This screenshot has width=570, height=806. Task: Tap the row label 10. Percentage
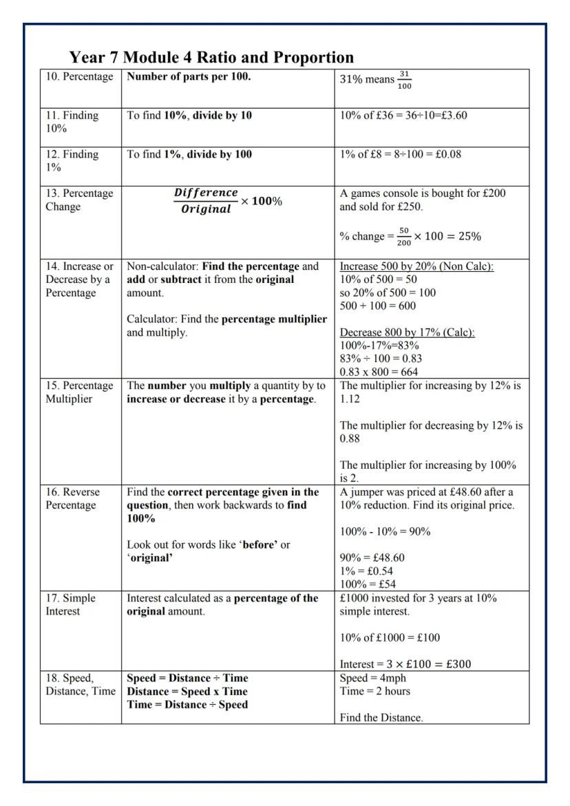[79, 76]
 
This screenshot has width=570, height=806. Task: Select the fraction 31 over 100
[404, 79]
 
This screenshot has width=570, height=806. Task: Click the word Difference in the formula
[206, 193]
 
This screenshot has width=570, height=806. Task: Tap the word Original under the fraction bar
[206, 209]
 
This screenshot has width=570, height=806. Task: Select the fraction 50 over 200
[404, 236]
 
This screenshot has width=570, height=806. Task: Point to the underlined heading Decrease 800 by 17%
[408, 332]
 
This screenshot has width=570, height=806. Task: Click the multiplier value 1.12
[351, 399]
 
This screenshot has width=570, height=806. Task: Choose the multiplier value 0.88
[351, 438]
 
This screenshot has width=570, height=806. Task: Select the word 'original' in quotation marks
[150, 558]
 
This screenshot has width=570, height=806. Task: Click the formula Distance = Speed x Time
[187, 691]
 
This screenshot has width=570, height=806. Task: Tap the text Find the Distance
[381, 718]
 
